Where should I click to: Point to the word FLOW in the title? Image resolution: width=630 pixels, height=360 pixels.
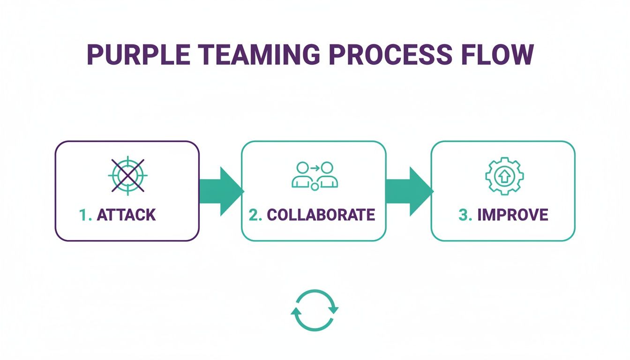click(x=496, y=55)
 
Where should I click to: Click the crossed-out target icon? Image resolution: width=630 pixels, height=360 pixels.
click(x=127, y=175)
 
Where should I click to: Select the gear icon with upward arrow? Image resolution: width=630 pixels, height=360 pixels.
click(x=504, y=176)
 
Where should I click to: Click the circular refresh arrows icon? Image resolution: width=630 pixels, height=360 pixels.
click(x=315, y=310)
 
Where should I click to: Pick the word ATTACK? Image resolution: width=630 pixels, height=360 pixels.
click(x=126, y=215)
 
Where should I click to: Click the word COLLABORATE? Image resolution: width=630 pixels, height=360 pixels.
click(x=321, y=215)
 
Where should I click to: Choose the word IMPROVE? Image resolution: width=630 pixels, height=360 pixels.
click(x=512, y=215)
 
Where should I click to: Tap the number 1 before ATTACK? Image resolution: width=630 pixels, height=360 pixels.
click(x=84, y=215)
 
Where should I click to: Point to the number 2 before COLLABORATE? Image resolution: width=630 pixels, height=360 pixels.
click(x=254, y=215)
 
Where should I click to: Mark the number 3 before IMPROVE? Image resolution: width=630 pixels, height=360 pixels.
click(x=464, y=215)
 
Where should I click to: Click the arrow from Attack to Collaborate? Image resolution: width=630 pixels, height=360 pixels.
click(x=220, y=191)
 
